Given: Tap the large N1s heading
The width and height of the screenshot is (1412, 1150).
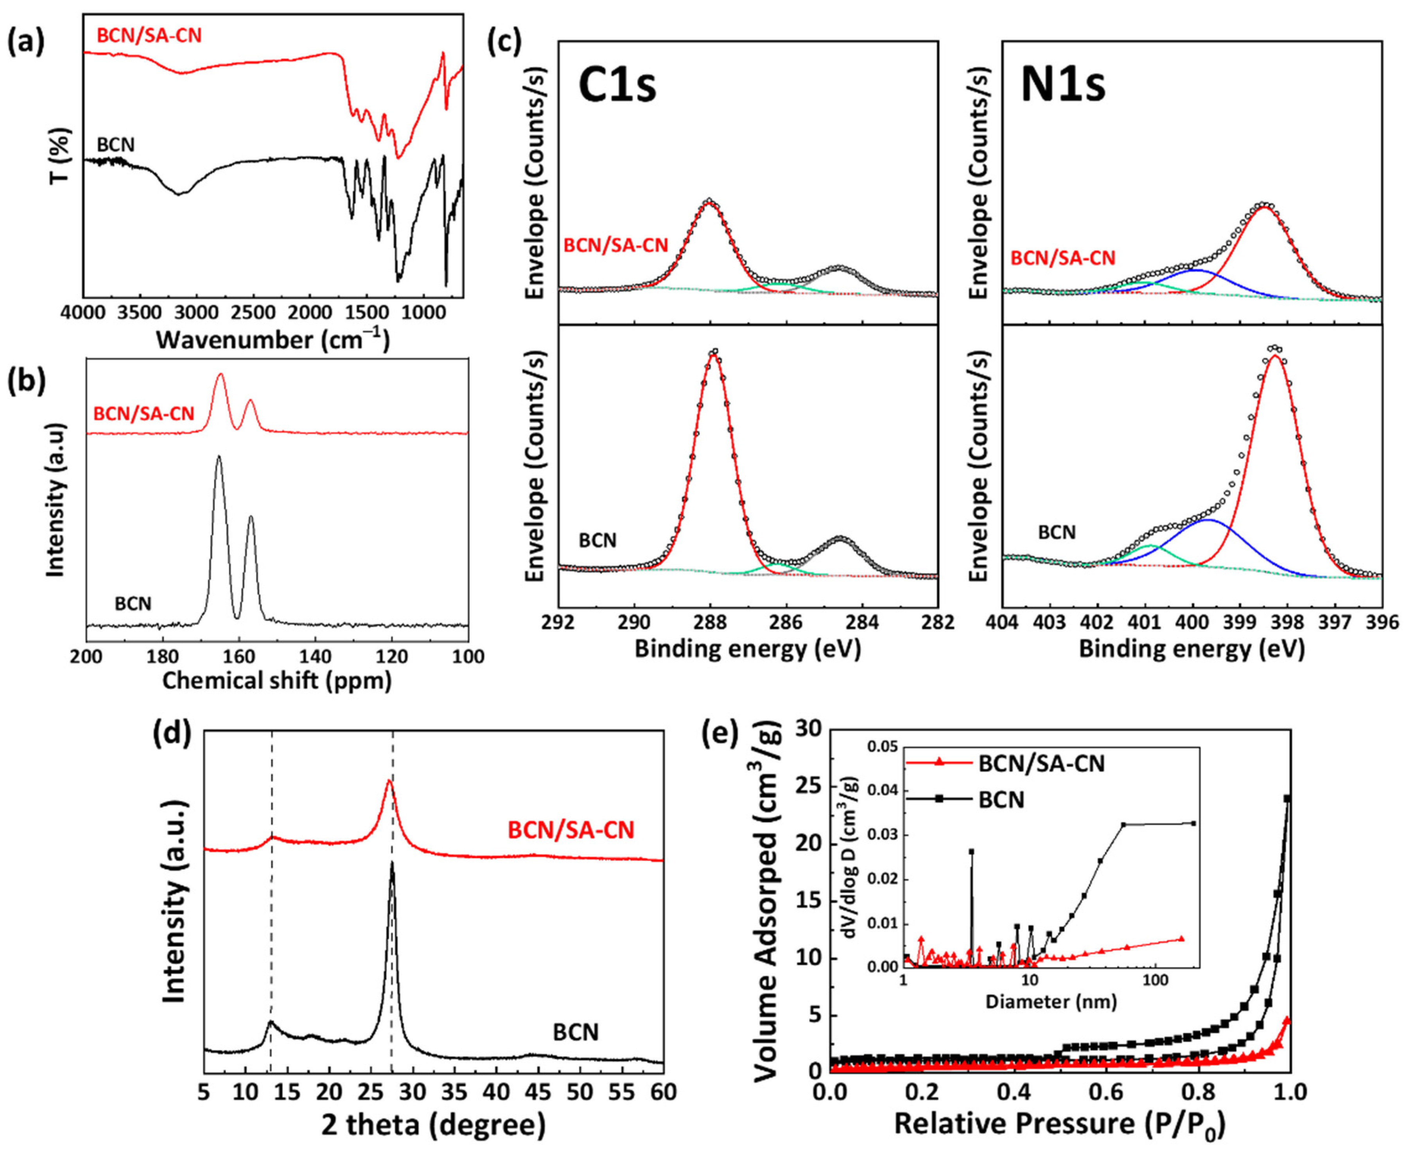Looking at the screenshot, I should point(1063,86).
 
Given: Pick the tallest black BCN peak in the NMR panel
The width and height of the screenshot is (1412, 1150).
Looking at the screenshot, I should point(219,456).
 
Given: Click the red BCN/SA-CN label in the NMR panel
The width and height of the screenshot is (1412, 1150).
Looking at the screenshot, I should point(144,414).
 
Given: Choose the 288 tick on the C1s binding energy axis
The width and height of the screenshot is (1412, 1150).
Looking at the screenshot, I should point(710,623).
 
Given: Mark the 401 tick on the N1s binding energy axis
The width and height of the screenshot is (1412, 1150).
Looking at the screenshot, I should point(1145,623).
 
